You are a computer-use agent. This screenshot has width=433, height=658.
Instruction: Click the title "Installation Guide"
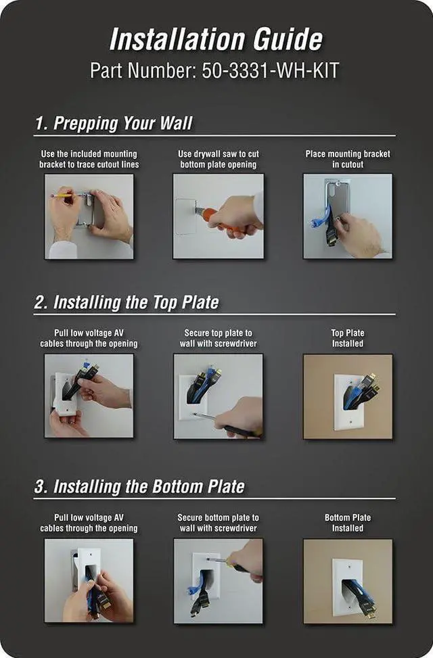216,40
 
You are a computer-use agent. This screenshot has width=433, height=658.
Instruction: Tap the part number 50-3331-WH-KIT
271,70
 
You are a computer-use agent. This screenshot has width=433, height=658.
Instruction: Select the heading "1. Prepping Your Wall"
114,123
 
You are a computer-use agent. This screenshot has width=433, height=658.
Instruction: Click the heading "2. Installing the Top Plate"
127,302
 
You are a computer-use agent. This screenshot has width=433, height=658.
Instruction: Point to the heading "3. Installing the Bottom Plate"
139,487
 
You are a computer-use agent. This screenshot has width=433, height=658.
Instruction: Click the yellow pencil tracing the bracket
63,195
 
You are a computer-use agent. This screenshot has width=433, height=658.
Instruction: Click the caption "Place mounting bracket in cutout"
348,159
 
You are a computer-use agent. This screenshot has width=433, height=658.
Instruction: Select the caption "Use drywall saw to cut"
219,154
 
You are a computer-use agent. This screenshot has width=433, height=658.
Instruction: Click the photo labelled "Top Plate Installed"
348,396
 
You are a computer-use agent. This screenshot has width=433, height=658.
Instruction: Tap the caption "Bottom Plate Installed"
348,523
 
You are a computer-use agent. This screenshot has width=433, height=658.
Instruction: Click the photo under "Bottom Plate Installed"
348,581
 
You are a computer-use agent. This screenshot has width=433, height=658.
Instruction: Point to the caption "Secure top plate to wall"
219,338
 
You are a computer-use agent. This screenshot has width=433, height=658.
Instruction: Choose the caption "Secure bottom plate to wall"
219,523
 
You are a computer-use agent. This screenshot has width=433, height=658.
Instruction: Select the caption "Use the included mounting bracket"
89,159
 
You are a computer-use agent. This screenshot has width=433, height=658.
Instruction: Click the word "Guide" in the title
288,40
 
